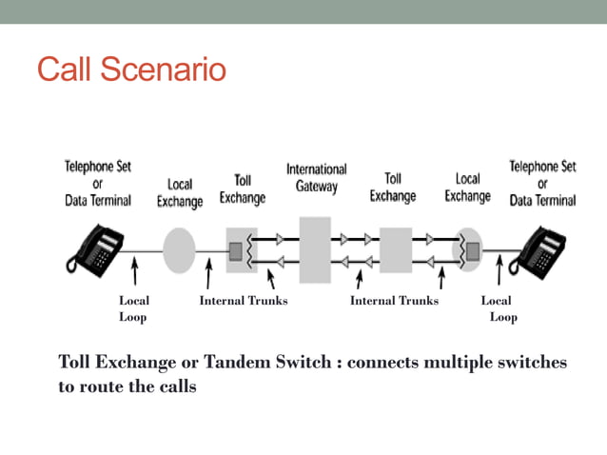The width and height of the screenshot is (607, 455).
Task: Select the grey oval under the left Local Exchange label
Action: (x=179, y=250)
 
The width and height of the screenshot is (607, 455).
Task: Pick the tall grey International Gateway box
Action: (x=315, y=249)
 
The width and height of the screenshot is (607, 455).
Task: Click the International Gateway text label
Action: (x=316, y=178)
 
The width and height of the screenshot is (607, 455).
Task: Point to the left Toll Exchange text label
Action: (x=243, y=188)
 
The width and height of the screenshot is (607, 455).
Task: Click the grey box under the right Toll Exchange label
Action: (x=394, y=250)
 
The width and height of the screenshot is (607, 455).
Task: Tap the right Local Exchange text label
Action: (x=467, y=188)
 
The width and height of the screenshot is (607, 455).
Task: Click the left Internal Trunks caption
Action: (x=243, y=301)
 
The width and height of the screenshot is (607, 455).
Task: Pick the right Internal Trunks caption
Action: (x=394, y=301)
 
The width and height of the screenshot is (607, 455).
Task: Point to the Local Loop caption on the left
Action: (x=133, y=308)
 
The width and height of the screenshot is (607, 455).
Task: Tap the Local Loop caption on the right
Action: (x=499, y=308)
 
